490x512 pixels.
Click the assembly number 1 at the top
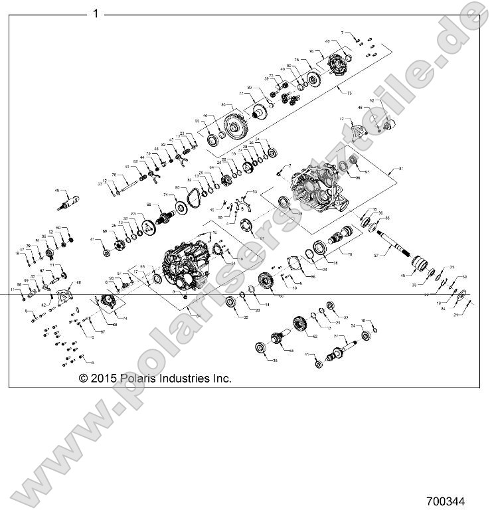coord(96,13)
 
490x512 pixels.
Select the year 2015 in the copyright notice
coord(105,378)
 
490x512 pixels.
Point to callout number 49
coord(57,189)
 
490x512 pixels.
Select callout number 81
coord(400,170)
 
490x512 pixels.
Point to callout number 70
coord(114,175)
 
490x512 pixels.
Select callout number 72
coord(341,119)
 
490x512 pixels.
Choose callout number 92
coord(372,101)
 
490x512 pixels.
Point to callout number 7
coord(343,32)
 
